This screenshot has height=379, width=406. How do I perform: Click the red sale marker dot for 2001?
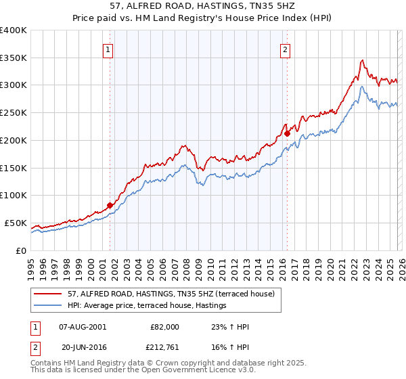pyautogui.click(x=110, y=204)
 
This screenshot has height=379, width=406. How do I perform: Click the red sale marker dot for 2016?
pyautogui.click(x=287, y=133)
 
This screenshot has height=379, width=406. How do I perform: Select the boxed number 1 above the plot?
pyautogui.click(x=109, y=49)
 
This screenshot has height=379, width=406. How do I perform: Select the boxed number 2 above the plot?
pyautogui.click(x=286, y=49)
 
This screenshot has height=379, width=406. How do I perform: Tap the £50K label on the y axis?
pyautogui.click(x=16, y=223)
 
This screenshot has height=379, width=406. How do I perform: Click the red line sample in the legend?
pyautogui.click(x=49, y=294)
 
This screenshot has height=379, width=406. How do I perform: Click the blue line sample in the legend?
pyautogui.click(x=49, y=306)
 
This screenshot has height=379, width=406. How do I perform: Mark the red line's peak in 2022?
pyautogui.click(x=363, y=60)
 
